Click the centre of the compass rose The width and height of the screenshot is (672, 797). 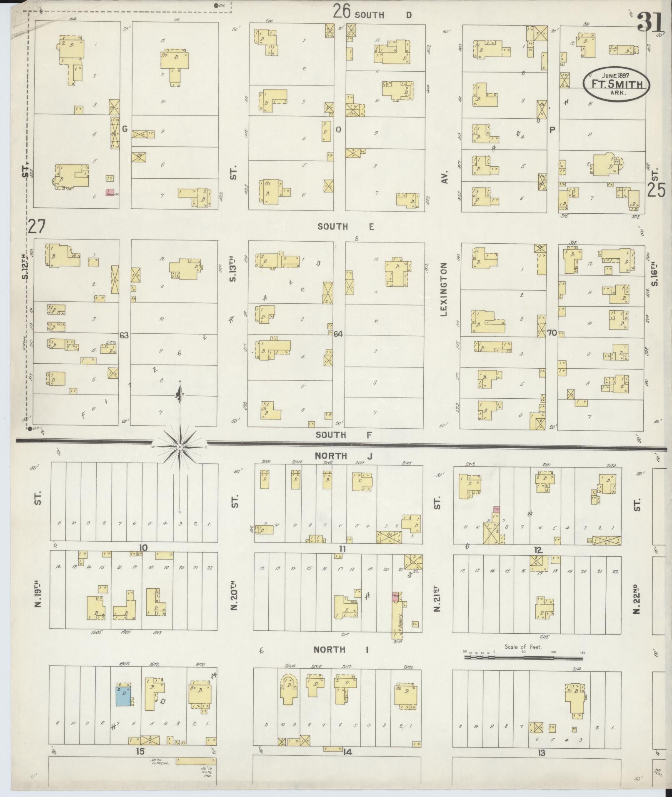180,447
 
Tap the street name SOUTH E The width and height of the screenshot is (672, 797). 346,227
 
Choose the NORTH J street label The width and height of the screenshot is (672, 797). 342,456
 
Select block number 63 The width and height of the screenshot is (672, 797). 124,335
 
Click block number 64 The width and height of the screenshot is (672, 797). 338,333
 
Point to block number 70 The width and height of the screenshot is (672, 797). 552,332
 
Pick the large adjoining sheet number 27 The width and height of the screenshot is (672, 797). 37,227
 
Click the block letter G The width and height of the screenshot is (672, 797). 124,129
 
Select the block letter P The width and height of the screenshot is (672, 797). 552,130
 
